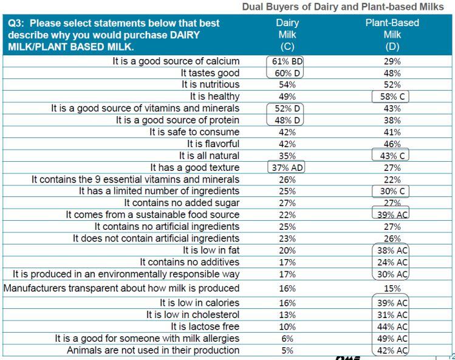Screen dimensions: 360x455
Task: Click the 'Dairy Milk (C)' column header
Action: point(287,35)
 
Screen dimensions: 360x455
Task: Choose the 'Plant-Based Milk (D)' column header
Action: point(392,35)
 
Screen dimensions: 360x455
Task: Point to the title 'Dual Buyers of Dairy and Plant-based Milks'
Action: point(343,7)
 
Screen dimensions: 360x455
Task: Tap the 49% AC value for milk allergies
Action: point(392,338)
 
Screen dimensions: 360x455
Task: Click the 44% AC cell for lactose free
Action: point(392,327)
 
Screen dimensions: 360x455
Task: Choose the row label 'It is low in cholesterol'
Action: point(193,314)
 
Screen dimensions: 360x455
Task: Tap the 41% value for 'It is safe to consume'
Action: point(392,132)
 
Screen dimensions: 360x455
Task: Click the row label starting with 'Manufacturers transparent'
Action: point(121,288)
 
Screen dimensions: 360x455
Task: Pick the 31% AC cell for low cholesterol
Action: point(392,314)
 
